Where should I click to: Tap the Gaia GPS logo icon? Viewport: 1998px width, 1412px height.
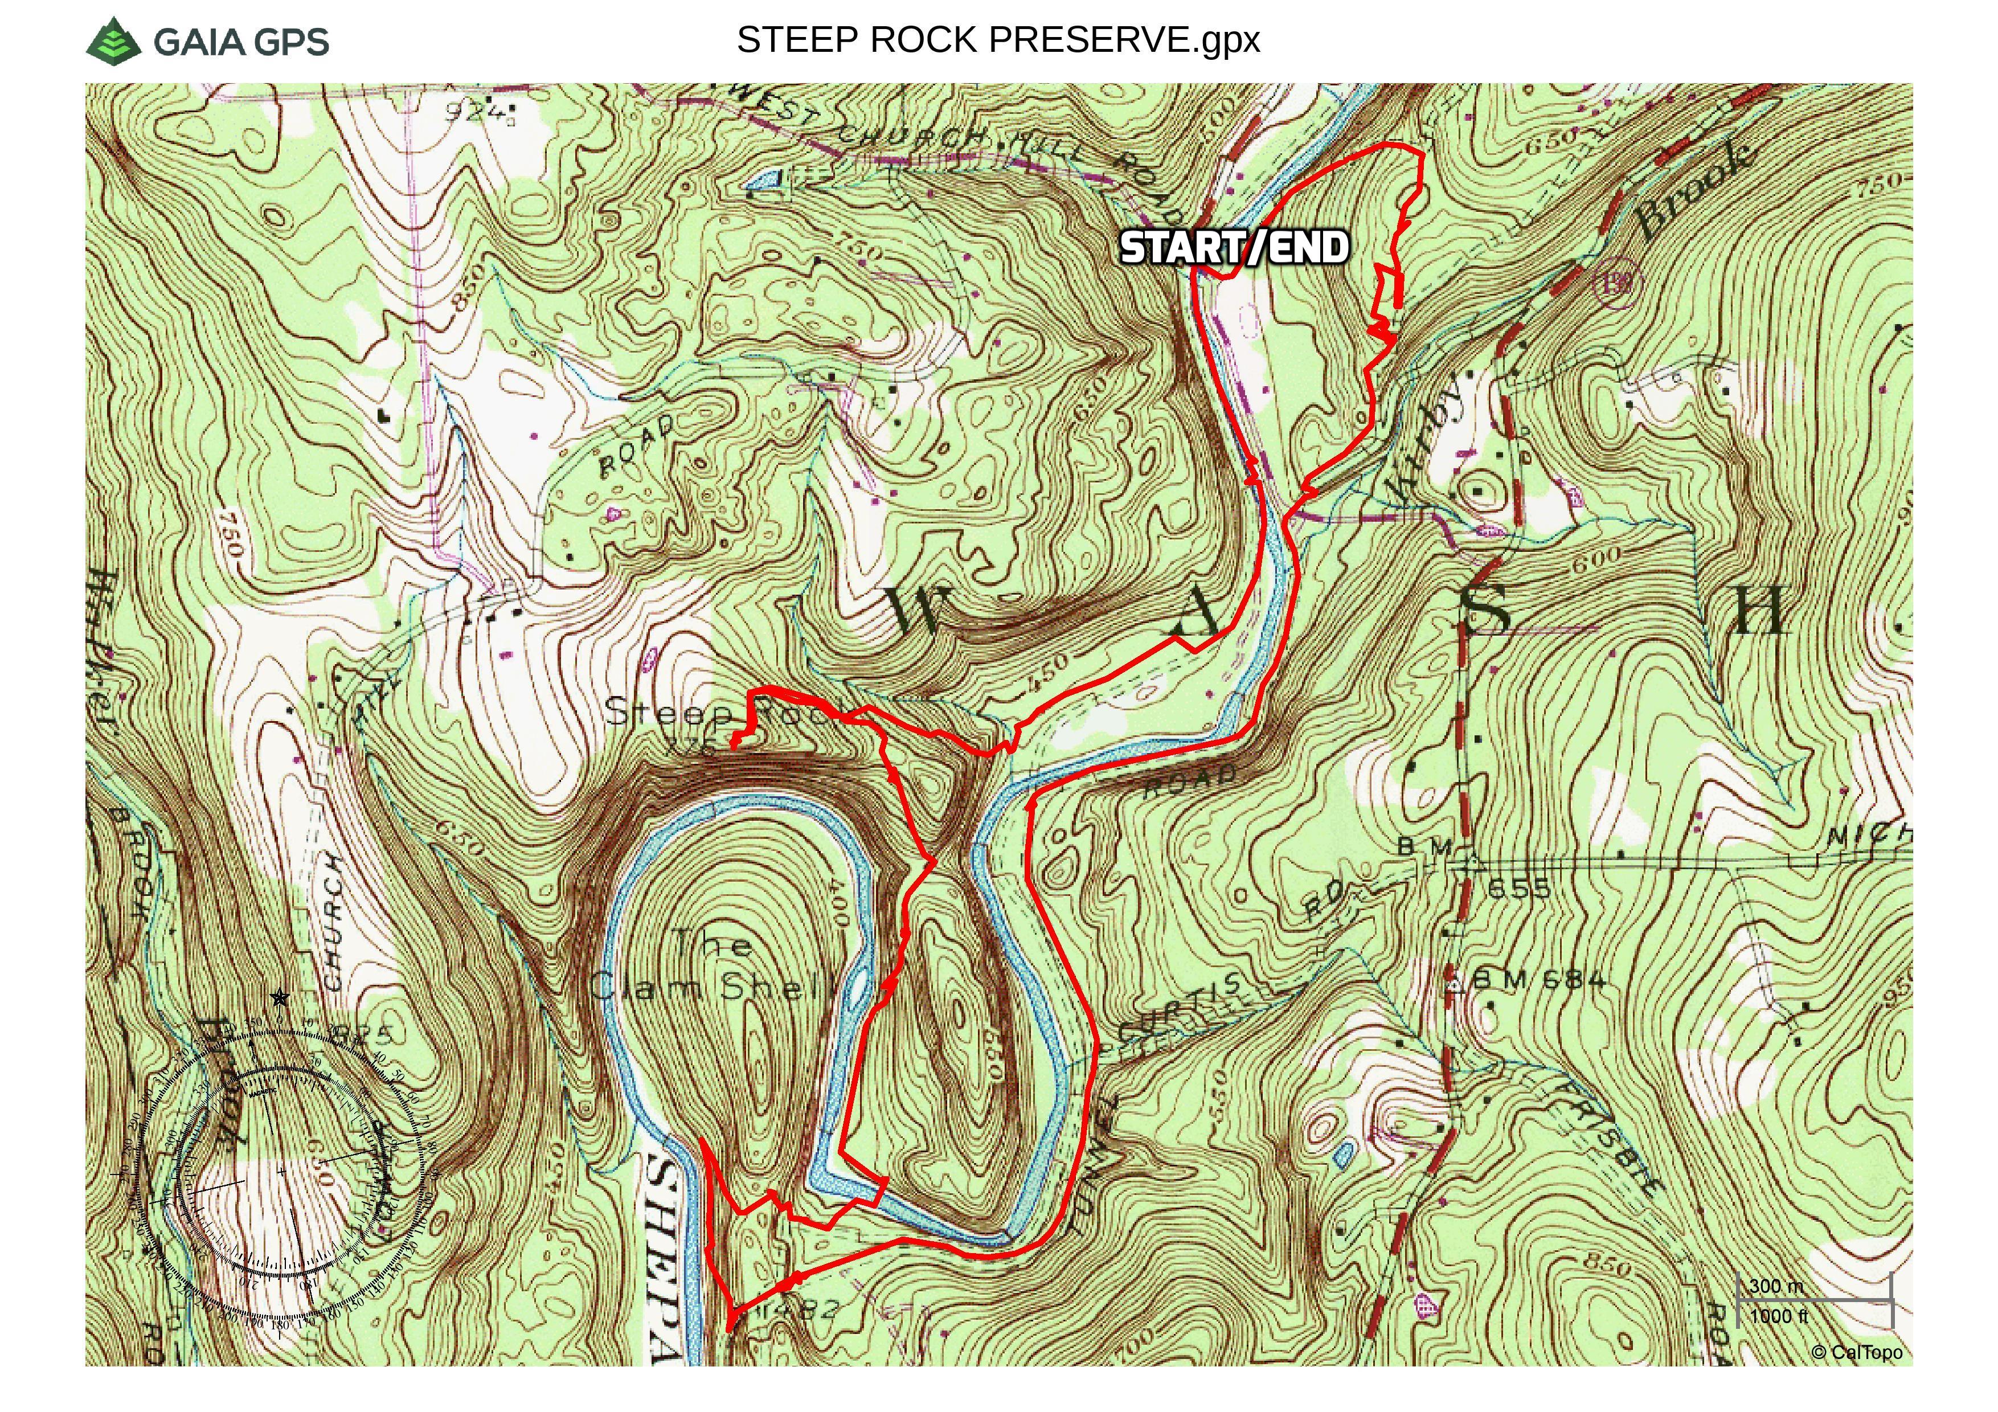click(x=114, y=40)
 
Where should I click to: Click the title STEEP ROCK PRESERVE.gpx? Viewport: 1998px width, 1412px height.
click(x=998, y=40)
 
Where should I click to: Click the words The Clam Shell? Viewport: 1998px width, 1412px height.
click(x=712, y=965)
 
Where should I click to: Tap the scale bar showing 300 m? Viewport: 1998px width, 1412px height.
click(x=1815, y=1300)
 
